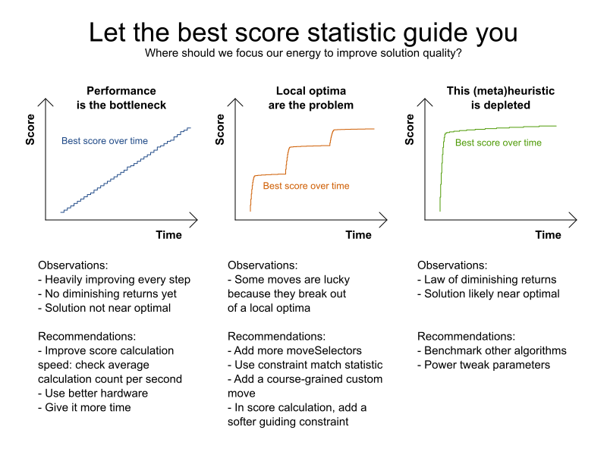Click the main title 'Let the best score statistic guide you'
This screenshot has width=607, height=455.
pos(303,33)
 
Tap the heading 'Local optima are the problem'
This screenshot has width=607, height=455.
pos(311,98)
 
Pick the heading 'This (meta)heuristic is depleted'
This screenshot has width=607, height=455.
pos(500,98)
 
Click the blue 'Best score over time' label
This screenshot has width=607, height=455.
pos(105,141)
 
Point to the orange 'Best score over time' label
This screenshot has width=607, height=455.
pos(306,186)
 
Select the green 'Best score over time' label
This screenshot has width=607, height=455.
pos(498,143)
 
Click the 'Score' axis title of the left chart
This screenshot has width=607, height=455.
pos(31,130)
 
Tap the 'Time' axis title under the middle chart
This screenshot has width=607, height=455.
pos(358,235)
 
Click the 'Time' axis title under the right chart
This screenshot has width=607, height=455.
pos(548,235)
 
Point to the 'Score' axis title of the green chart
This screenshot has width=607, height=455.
pos(410,130)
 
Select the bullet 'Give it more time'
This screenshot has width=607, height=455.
pos(84,407)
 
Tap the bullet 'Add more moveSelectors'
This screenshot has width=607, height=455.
pos(288,350)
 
